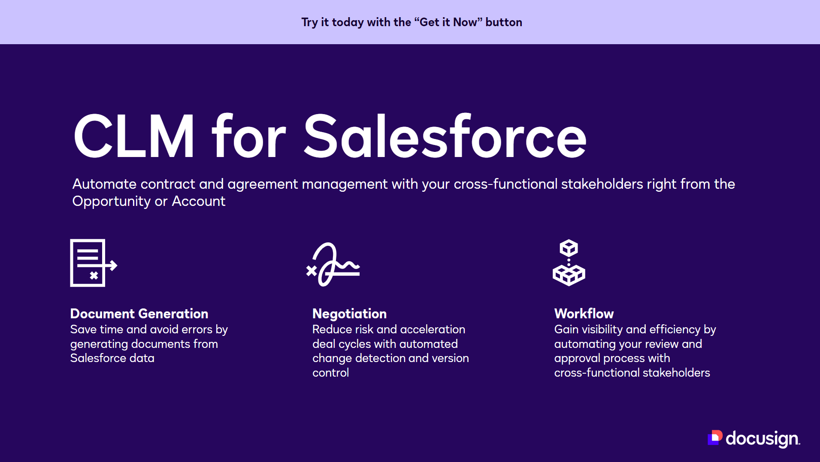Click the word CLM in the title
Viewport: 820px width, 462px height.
pyautogui.click(x=134, y=136)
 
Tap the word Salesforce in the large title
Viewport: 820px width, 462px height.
pyautogui.click(x=445, y=136)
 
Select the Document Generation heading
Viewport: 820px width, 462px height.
pyautogui.click(x=139, y=314)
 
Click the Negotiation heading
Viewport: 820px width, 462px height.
pyautogui.click(x=349, y=314)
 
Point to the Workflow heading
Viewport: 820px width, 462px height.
pyautogui.click(x=584, y=314)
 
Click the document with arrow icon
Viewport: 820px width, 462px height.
pyautogui.click(x=94, y=263)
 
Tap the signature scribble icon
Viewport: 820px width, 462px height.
pyautogui.click(x=333, y=264)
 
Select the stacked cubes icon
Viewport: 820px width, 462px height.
pyautogui.click(x=569, y=263)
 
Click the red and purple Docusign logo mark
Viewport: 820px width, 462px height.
pyautogui.click(x=715, y=438)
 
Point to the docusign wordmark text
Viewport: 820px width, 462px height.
pyautogui.click(x=763, y=439)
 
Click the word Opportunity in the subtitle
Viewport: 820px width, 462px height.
pyautogui.click(x=112, y=202)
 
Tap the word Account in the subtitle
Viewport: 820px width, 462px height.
pyautogui.click(x=199, y=201)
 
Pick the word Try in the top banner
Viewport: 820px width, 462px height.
pyautogui.click(x=309, y=23)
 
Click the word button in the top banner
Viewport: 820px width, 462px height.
pyautogui.click(x=504, y=22)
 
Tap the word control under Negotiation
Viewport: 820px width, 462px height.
pyautogui.click(x=330, y=373)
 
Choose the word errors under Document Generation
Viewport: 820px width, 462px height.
pyautogui.click(x=197, y=329)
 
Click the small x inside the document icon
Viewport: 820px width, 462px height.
pyautogui.click(x=94, y=275)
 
